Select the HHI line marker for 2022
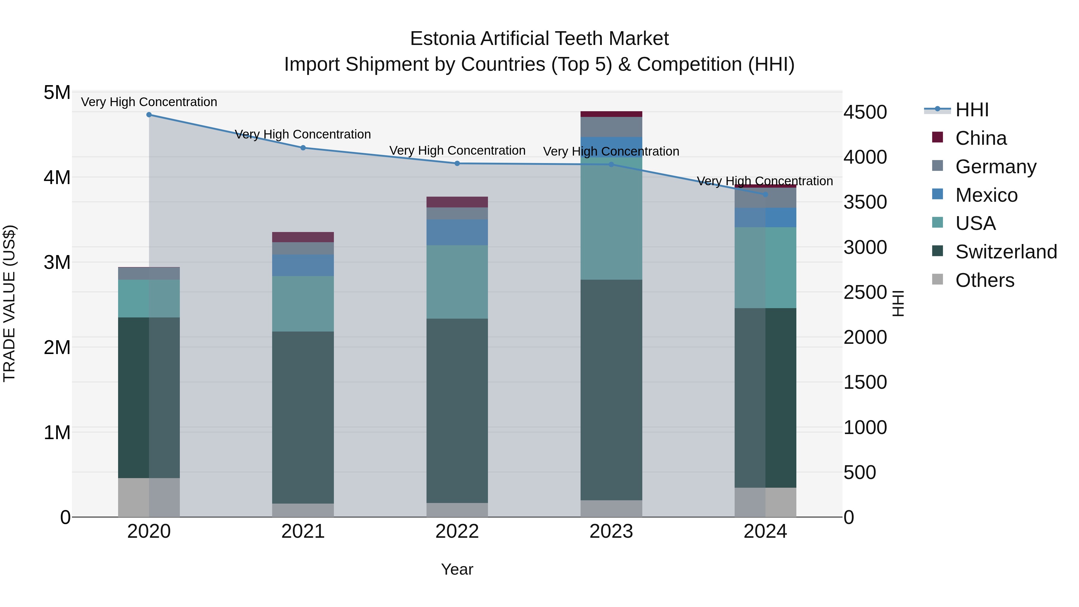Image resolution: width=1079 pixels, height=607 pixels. click(457, 163)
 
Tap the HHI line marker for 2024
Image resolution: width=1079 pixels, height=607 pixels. click(765, 194)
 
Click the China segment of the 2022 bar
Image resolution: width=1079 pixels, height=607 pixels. click(457, 202)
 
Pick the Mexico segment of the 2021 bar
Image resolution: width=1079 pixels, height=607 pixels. click(303, 265)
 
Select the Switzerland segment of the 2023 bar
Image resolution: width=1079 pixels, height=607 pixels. click(611, 390)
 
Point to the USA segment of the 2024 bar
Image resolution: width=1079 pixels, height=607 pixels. click(765, 268)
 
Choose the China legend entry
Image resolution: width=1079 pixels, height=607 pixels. click(980, 138)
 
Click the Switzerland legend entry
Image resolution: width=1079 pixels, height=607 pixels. click(1005, 251)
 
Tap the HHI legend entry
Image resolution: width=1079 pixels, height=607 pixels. click(972, 109)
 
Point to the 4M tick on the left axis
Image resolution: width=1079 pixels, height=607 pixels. click(57, 177)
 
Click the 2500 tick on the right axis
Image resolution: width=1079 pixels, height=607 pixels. click(865, 292)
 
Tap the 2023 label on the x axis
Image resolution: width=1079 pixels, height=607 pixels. click(611, 531)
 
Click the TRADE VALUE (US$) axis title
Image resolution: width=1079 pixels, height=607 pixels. click(9, 303)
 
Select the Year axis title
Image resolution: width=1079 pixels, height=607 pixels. click(457, 569)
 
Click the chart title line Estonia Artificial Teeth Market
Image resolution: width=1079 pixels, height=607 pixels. click(539, 39)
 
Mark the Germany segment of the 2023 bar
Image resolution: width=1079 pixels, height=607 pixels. click(611, 127)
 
